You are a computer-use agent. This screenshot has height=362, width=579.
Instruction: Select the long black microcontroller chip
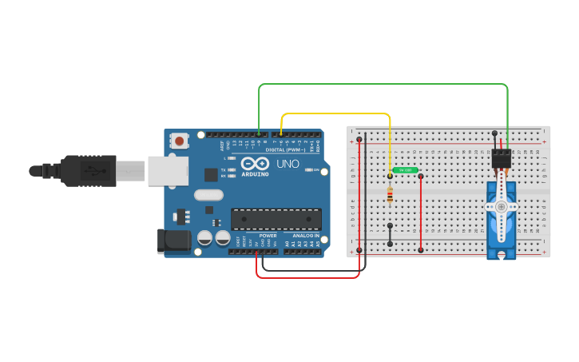click(x=276, y=219)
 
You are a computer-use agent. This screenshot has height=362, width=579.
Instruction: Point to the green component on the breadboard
click(x=406, y=170)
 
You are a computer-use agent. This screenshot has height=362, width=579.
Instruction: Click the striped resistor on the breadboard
click(x=390, y=194)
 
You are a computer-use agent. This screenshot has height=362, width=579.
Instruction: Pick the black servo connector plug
click(x=502, y=157)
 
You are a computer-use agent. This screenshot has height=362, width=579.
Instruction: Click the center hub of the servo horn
click(x=502, y=206)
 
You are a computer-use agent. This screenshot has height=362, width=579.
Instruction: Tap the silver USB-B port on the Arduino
click(x=167, y=170)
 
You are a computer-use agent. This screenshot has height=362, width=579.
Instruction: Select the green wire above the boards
click(x=383, y=83)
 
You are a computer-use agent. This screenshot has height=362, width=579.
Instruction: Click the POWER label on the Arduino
click(x=268, y=237)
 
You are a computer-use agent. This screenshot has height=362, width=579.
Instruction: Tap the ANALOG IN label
click(x=305, y=237)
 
